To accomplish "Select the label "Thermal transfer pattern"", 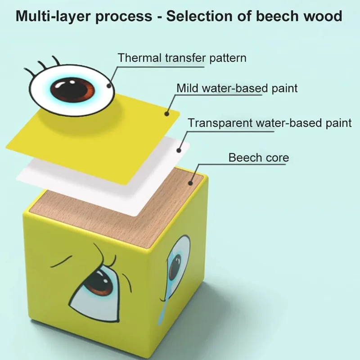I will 182,58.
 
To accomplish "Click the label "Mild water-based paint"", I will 237,88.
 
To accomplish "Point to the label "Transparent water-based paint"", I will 270,122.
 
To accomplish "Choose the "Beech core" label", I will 258,157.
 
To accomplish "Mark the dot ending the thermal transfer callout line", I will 108,85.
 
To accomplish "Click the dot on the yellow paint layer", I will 168,113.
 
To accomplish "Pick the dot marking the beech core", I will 191,183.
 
